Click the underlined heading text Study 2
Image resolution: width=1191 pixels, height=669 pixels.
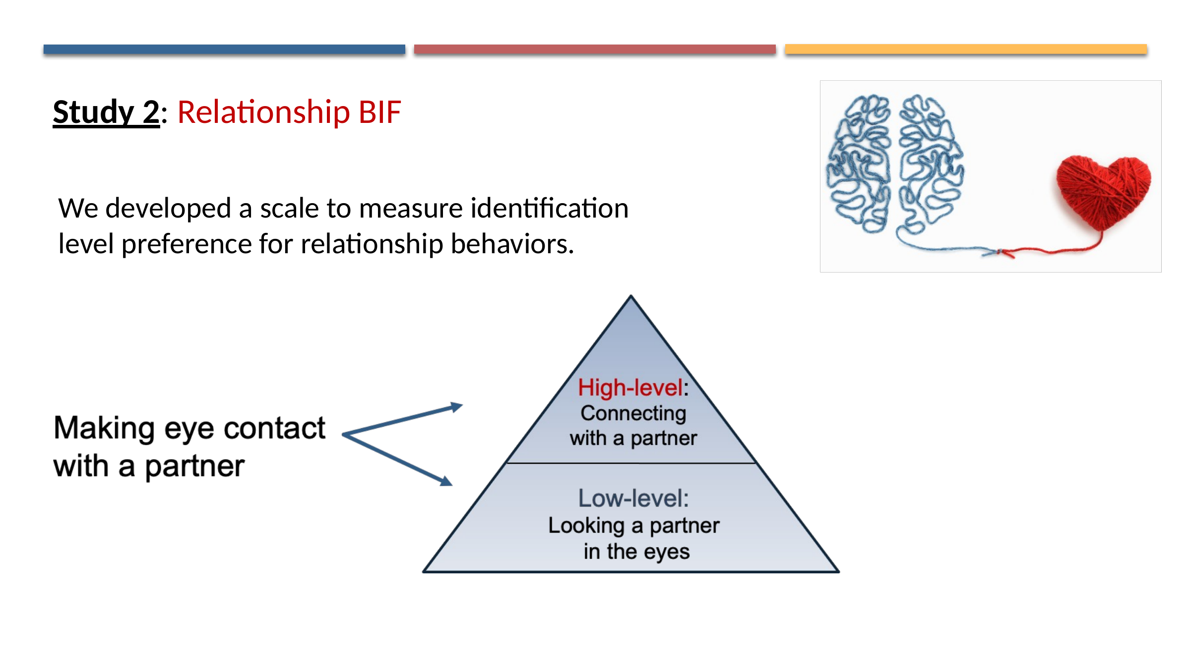coord(106,112)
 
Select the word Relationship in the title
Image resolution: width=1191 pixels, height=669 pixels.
coord(263,112)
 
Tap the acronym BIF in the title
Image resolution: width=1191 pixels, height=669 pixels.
coord(379,112)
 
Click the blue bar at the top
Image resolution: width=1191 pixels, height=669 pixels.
coord(224,49)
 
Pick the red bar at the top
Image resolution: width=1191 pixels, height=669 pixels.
coord(594,49)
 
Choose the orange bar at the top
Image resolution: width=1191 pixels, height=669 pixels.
coord(965,49)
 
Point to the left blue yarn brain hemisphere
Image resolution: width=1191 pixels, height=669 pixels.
coord(859,164)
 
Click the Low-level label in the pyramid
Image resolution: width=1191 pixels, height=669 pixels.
coord(633,498)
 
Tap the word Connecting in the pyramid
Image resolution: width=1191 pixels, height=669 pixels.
coord(633,413)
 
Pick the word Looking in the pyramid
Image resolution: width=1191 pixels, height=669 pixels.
coord(586,526)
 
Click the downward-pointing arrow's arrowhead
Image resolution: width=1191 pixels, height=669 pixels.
coord(446,481)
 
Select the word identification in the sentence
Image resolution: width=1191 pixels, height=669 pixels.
coord(549,208)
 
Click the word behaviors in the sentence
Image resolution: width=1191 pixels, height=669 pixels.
coord(511,244)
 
